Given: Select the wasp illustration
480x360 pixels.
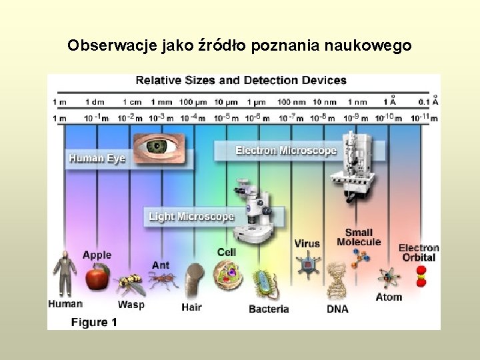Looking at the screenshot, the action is click(130, 285).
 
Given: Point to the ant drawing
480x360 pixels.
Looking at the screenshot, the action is click(162, 281).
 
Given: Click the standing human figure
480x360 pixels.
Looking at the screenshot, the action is click(65, 273).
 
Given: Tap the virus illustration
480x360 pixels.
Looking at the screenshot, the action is click(307, 265).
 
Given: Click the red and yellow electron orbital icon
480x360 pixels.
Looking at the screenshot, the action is click(421, 275).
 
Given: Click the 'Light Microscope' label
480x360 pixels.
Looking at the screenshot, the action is click(191, 217).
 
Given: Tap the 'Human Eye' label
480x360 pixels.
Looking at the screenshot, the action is click(97, 159).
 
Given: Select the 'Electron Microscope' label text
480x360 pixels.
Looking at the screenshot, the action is click(286, 151).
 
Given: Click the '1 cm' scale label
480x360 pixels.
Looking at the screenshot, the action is click(132, 102).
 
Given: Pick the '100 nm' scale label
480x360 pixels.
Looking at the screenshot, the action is click(291, 102).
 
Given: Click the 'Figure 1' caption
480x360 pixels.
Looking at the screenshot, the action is click(94, 323).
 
